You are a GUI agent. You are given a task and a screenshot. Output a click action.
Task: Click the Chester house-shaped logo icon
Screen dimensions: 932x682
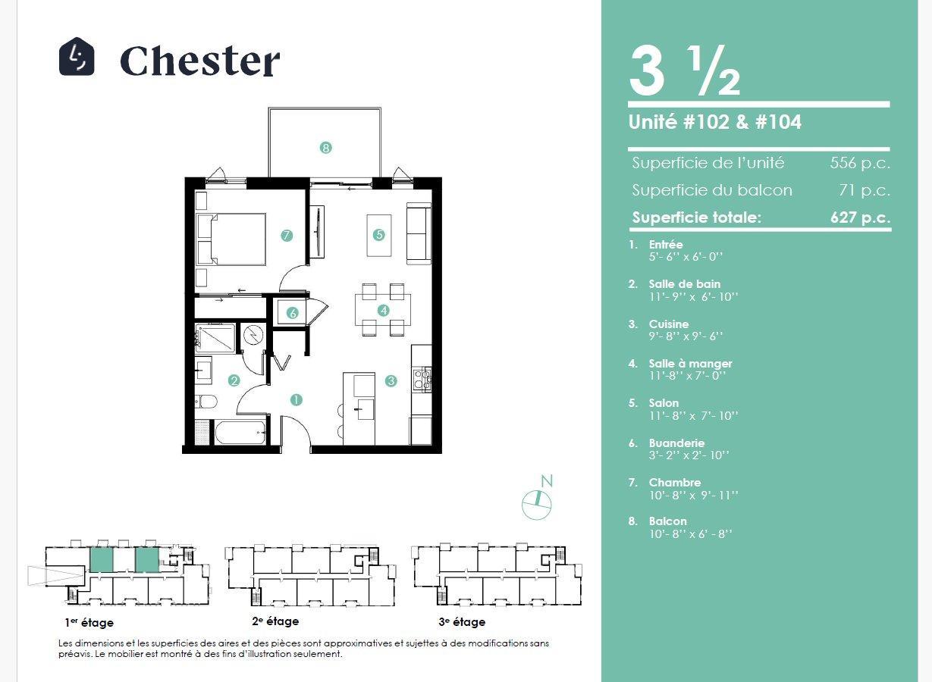click(x=77, y=56)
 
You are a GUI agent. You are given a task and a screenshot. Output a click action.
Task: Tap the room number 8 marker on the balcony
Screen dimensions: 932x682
click(x=326, y=148)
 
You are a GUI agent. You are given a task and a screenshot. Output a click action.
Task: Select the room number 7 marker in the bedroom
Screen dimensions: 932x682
click(x=286, y=236)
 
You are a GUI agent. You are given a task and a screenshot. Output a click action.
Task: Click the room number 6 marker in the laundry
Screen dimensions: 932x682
click(x=293, y=313)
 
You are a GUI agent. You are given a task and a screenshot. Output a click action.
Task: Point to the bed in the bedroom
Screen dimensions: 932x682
click(x=231, y=239)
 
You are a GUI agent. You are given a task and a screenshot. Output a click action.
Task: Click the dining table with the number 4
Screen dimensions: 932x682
click(x=383, y=310)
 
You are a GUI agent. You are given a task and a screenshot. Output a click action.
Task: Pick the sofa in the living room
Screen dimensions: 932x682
click(x=419, y=233)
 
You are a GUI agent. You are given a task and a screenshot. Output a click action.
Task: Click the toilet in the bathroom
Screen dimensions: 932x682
click(x=206, y=402)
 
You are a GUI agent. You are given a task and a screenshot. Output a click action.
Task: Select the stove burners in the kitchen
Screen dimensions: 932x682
click(x=422, y=379)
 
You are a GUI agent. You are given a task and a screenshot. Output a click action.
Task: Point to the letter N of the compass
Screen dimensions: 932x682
click(x=547, y=481)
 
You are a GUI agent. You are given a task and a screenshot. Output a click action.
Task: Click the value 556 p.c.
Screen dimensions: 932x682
click(x=860, y=163)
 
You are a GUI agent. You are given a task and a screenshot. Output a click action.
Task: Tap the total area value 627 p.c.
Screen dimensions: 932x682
click(x=861, y=217)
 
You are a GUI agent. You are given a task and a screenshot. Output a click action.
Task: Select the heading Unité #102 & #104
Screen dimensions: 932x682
click(x=715, y=122)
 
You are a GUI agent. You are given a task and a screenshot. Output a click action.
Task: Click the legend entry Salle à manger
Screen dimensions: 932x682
click(x=690, y=364)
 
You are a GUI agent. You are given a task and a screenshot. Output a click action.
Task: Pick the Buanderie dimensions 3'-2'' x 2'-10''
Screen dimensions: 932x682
click(x=689, y=455)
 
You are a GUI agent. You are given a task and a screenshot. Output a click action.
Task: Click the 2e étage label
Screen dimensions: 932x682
click(x=275, y=621)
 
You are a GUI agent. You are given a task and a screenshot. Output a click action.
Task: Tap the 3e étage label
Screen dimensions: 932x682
click(x=462, y=621)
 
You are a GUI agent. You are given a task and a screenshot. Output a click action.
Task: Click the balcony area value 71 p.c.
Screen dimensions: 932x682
click(x=865, y=190)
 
